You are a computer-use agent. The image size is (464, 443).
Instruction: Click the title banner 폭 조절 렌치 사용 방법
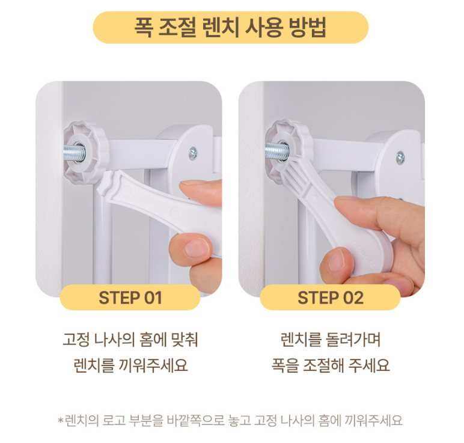coord(231,27)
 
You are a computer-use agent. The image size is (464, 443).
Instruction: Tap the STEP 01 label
coord(130,298)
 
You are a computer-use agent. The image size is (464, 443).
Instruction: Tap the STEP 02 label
coord(330,298)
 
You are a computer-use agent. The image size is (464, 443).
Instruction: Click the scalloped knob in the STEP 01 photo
coord(86,153)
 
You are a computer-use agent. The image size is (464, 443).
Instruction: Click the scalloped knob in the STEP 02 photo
coord(288,150)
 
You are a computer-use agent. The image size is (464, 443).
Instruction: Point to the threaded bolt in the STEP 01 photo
coord(74,153)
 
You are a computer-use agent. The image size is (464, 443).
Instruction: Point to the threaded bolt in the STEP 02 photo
coord(276,151)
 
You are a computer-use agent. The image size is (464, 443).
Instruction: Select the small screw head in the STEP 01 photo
coord(193,153)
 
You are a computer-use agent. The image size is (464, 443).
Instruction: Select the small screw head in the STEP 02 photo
coord(400,157)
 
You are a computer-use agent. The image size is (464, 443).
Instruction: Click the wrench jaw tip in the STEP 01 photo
coord(104,184)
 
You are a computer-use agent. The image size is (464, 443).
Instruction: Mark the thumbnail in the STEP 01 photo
coord(197,248)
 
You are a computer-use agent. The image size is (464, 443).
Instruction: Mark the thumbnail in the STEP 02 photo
coord(337,260)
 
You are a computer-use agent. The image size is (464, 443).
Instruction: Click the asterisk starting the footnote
coord(60,420)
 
